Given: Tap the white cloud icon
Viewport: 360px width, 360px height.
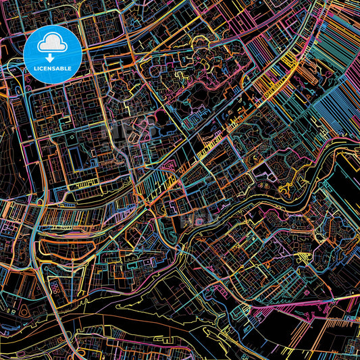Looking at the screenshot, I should (x=52, y=44).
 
